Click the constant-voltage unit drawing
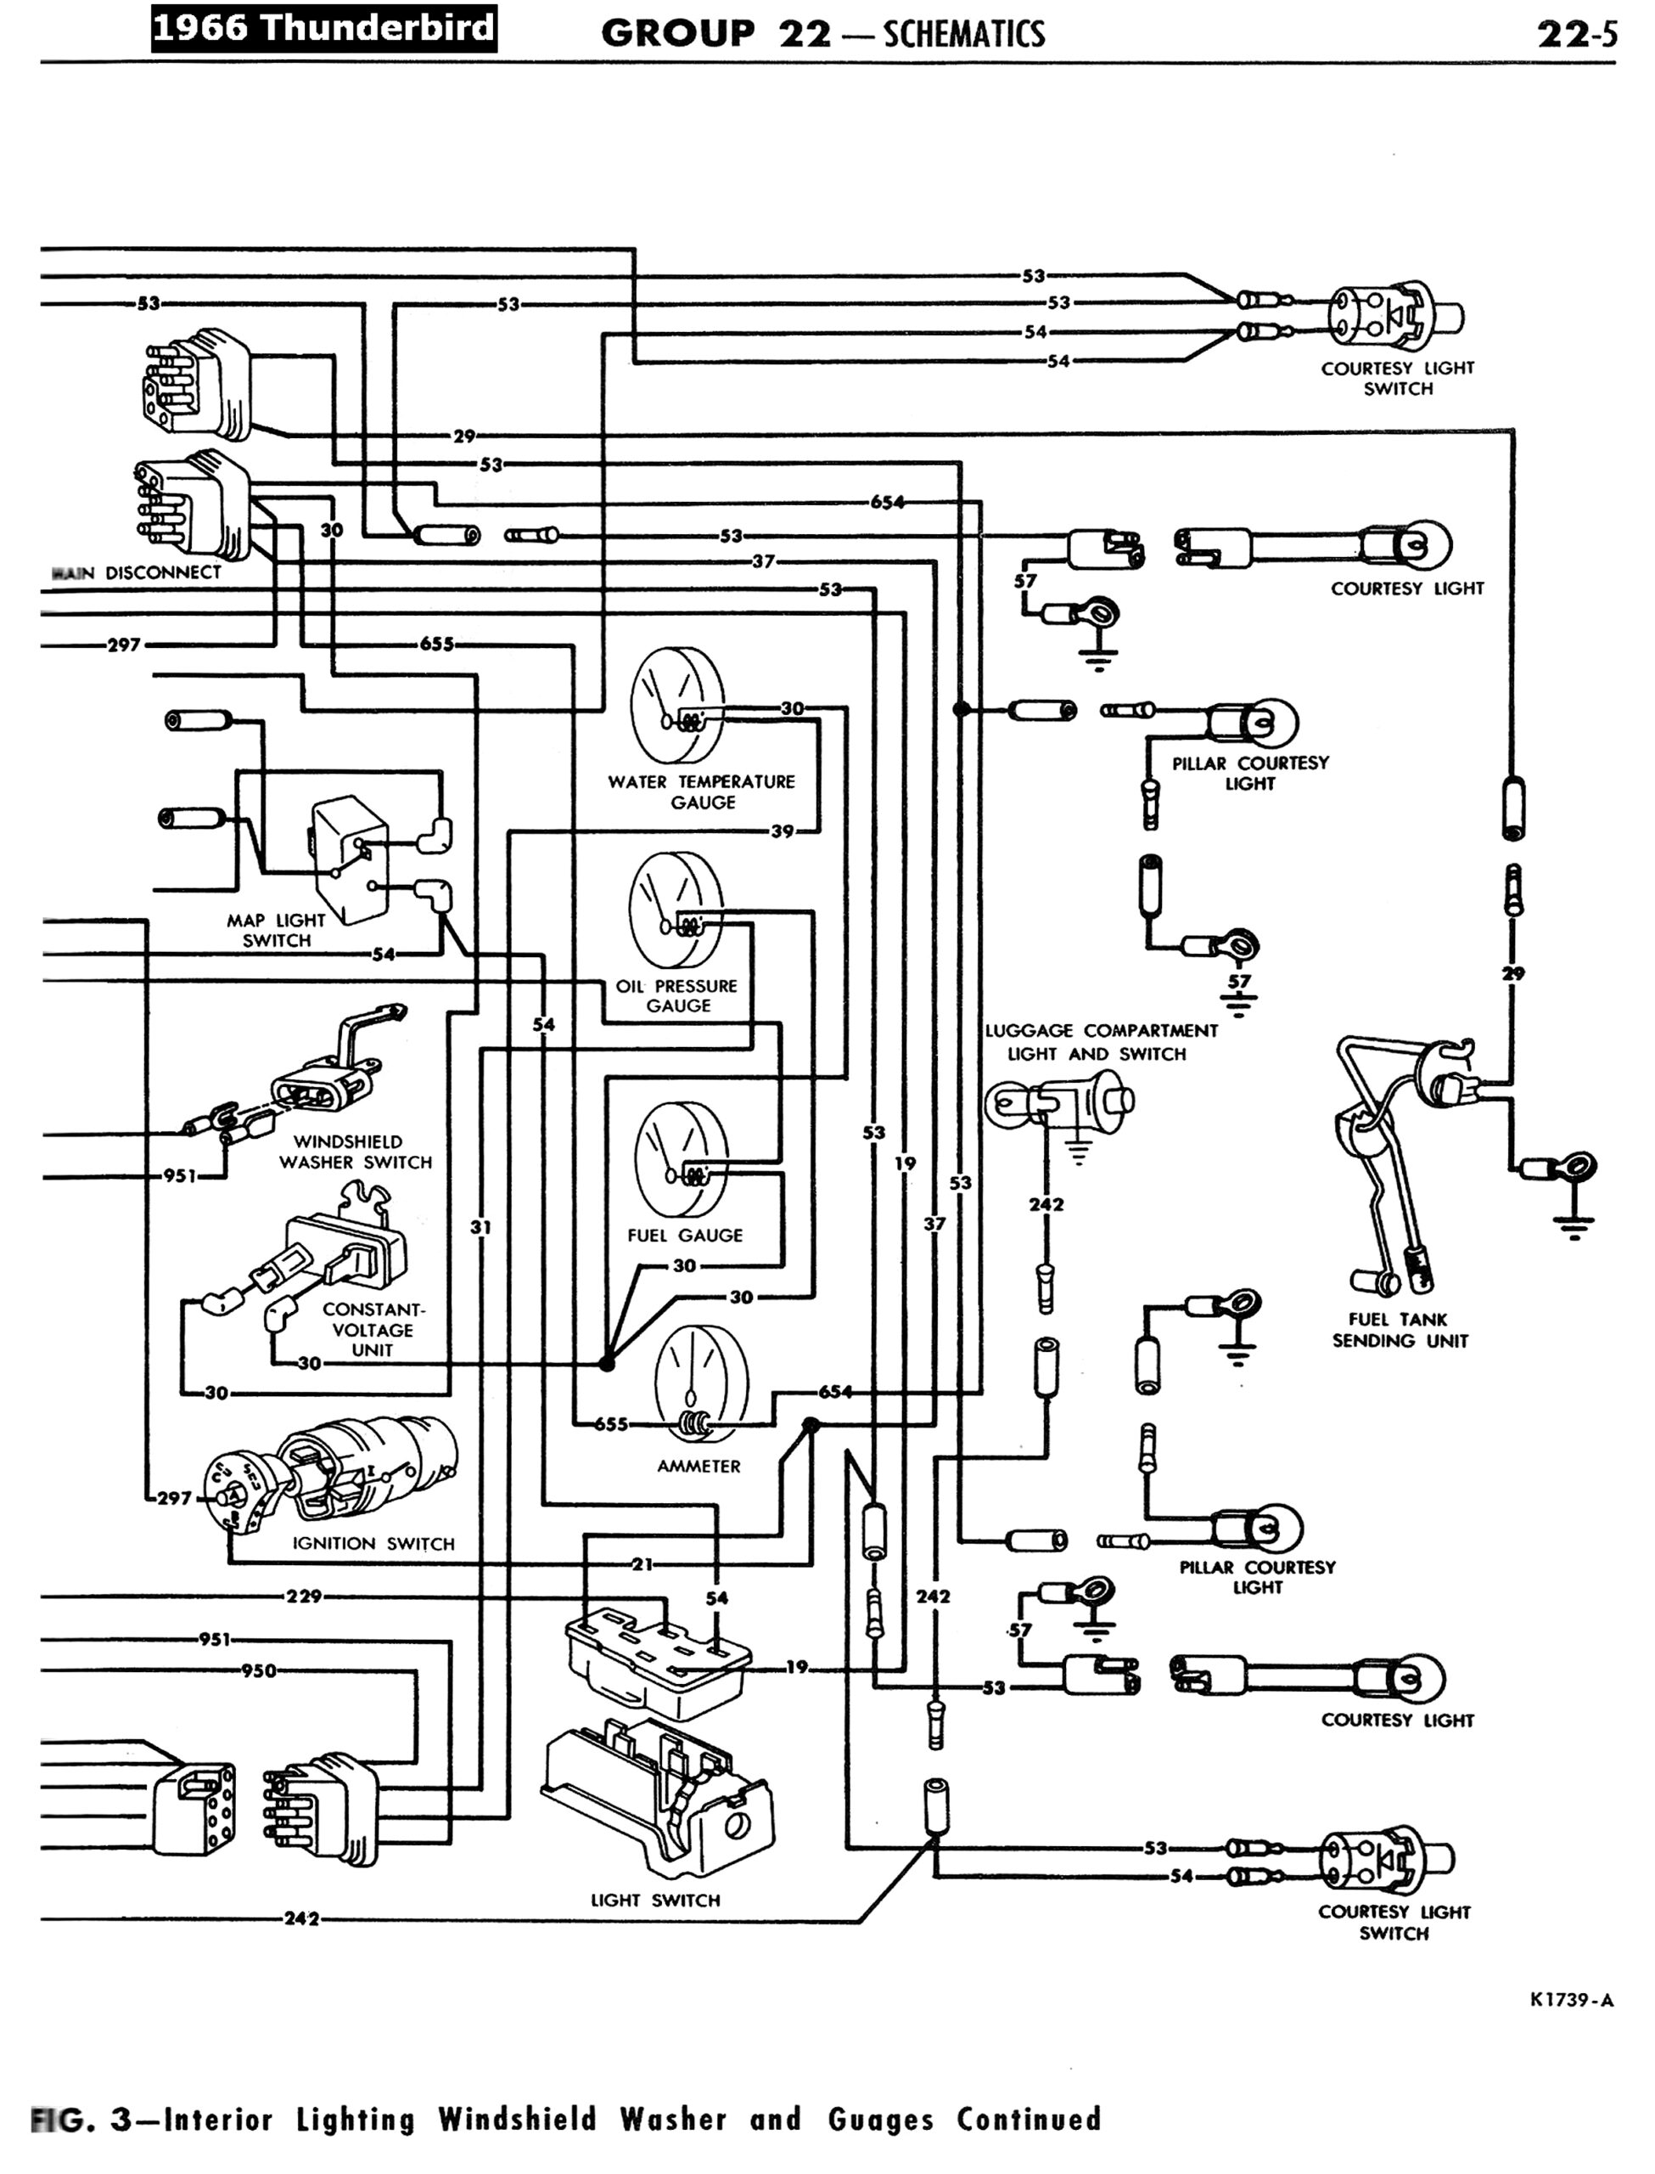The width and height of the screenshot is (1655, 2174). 339,1252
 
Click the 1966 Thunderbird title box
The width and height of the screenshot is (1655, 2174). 323,27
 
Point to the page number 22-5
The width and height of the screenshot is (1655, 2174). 1576,35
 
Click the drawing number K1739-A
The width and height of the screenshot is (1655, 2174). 1571,2000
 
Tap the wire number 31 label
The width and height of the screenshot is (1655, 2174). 480,1227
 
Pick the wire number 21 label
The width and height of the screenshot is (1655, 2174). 642,1563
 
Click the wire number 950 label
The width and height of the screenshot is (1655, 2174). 258,1670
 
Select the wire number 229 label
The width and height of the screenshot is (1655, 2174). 304,1596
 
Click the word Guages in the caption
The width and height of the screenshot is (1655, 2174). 880,2118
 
